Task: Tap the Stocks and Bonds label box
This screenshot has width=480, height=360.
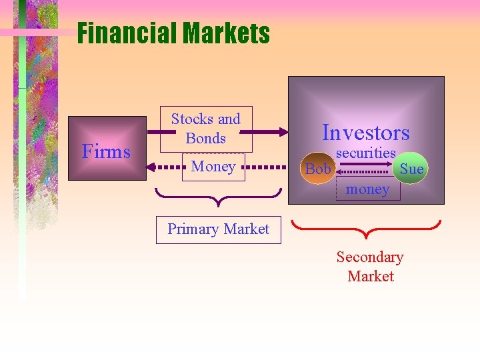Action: tap(206, 129)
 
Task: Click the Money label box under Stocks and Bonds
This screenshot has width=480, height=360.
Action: tap(213, 167)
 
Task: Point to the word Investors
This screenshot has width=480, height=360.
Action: tap(365, 133)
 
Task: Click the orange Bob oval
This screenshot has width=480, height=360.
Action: tap(318, 169)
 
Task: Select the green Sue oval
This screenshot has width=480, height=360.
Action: tap(411, 169)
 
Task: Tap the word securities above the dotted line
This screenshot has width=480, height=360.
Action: tap(365, 153)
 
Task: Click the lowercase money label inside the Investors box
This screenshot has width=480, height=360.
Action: tap(367, 189)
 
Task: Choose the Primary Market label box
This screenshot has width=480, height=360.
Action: tap(218, 229)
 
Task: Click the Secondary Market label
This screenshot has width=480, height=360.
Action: tap(370, 267)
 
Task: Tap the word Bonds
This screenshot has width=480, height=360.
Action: tap(206, 139)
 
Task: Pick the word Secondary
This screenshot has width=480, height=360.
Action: tap(370, 257)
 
